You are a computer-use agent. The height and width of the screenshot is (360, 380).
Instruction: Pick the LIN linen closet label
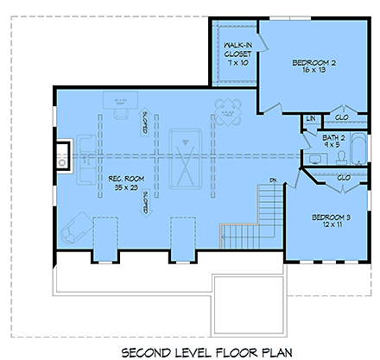[x=310, y=118]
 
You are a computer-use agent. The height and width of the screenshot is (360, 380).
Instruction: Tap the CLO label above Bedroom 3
[x=344, y=179]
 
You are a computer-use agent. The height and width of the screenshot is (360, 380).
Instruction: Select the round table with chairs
[x=229, y=111]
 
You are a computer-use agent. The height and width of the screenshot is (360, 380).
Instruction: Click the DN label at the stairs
[x=272, y=180]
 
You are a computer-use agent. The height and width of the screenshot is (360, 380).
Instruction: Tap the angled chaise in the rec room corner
[x=75, y=226]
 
